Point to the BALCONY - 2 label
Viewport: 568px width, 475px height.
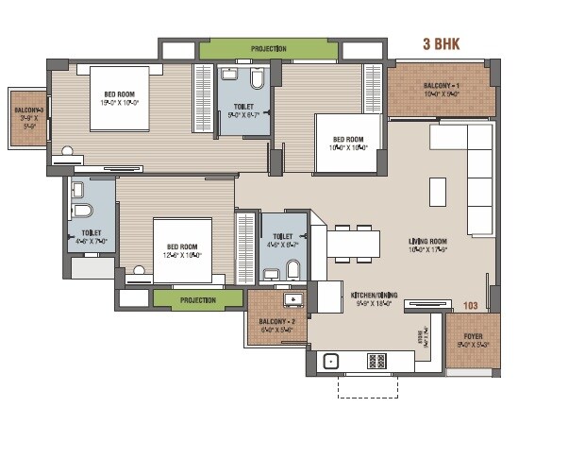coord(277,321)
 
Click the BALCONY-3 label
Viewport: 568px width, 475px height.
coord(26,110)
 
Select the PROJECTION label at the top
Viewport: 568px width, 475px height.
coord(269,48)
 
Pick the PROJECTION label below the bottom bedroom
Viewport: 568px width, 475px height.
coord(197,300)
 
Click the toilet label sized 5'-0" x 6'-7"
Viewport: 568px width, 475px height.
coord(242,108)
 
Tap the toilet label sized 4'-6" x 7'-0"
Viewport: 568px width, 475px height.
coord(92,232)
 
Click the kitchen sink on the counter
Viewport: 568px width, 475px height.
coord(331,360)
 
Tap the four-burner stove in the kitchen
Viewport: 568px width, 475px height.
coord(376,360)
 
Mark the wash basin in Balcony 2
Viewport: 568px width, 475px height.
coord(293,301)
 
